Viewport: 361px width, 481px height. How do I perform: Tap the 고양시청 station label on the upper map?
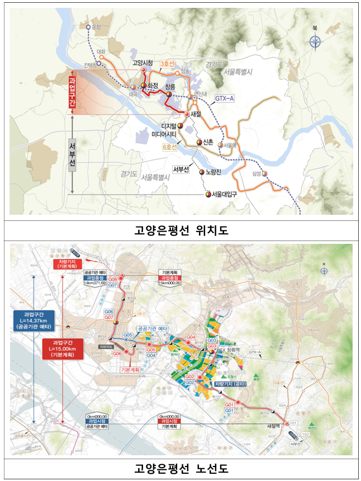click(143, 64)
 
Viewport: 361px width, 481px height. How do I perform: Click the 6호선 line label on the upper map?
click(169, 147)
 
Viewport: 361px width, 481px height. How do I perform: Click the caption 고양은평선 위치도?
click(180, 229)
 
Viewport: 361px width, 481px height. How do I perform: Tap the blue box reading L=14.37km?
click(35, 320)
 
